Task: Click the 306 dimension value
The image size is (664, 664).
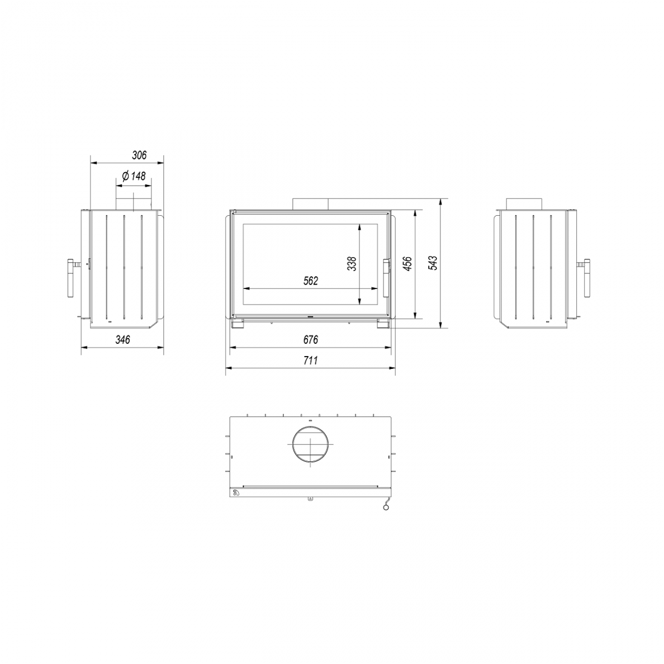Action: pos(139,155)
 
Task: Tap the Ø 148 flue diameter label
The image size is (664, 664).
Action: pos(134,176)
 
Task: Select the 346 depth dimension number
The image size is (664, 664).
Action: pos(123,340)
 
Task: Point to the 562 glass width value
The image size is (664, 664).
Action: pos(310,281)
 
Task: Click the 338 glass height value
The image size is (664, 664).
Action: pos(352,264)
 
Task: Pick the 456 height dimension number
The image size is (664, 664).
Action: pos(407,264)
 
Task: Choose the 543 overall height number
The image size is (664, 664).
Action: pos(433,263)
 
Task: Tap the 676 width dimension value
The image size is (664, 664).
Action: pos(310,340)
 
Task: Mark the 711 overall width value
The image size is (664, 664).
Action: pos(310,361)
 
